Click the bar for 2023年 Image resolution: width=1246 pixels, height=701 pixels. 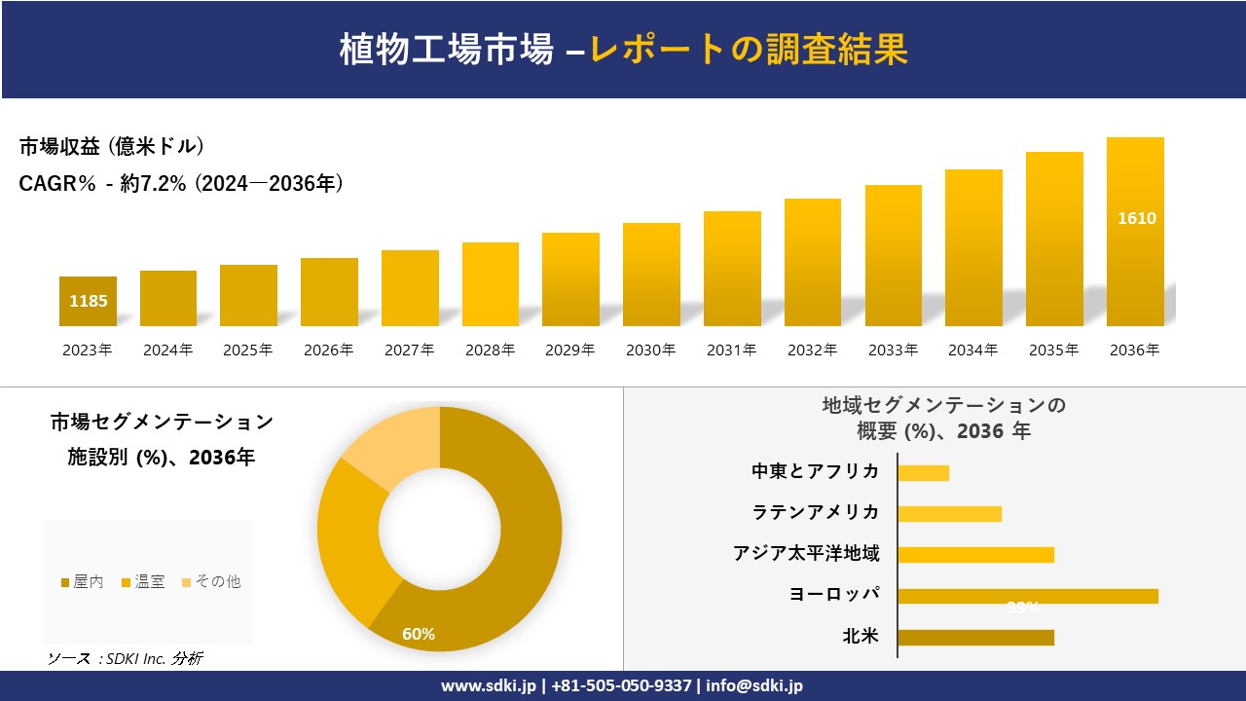(88, 301)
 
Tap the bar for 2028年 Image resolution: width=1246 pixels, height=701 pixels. (491, 284)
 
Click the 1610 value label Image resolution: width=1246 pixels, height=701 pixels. (1136, 218)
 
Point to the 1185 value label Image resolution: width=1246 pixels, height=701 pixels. (89, 301)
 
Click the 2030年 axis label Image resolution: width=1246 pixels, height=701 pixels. (650, 350)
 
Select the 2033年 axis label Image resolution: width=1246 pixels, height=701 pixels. (893, 350)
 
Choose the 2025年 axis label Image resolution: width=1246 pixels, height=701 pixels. (248, 350)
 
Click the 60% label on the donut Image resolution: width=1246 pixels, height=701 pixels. (419, 635)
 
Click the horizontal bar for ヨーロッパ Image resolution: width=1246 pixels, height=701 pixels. (1027, 596)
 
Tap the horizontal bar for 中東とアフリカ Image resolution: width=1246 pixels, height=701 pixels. (923, 473)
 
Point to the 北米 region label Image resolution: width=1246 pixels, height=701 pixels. (861, 637)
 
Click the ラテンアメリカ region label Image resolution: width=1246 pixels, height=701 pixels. (816, 513)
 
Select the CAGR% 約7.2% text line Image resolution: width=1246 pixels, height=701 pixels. (181, 184)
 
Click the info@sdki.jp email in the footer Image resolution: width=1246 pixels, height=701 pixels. (756, 686)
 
